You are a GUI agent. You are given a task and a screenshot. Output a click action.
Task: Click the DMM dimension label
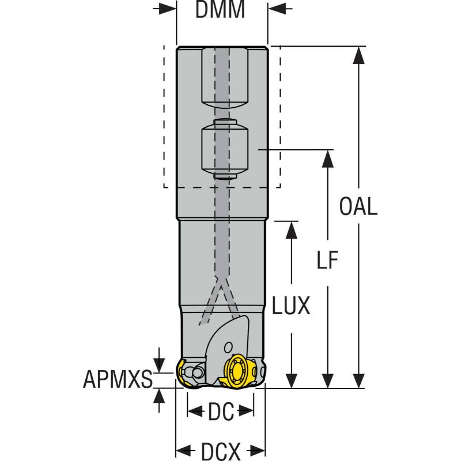(x=220, y=10)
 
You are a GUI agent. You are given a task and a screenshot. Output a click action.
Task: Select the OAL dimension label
(x=358, y=206)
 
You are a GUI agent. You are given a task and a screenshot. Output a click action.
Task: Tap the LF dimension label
(x=327, y=260)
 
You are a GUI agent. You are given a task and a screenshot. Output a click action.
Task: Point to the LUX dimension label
(x=292, y=306)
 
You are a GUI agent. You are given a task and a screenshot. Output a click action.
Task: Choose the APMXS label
(x=118, y=379)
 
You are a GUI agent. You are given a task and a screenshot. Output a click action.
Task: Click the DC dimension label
(x=221, y=411)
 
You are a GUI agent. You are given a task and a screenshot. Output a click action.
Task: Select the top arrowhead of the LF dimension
(x=327, y=158)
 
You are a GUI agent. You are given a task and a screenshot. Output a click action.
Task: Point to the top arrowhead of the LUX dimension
(x=292, y=228)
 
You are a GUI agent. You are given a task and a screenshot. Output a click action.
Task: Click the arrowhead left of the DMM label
(x=168, y=10)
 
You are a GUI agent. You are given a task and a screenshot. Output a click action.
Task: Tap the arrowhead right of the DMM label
(x=275, y=10)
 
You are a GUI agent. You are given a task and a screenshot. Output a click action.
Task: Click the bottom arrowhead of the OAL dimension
(x=358, y=380)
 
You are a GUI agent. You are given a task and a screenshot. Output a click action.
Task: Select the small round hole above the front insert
(x=229, y=346)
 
